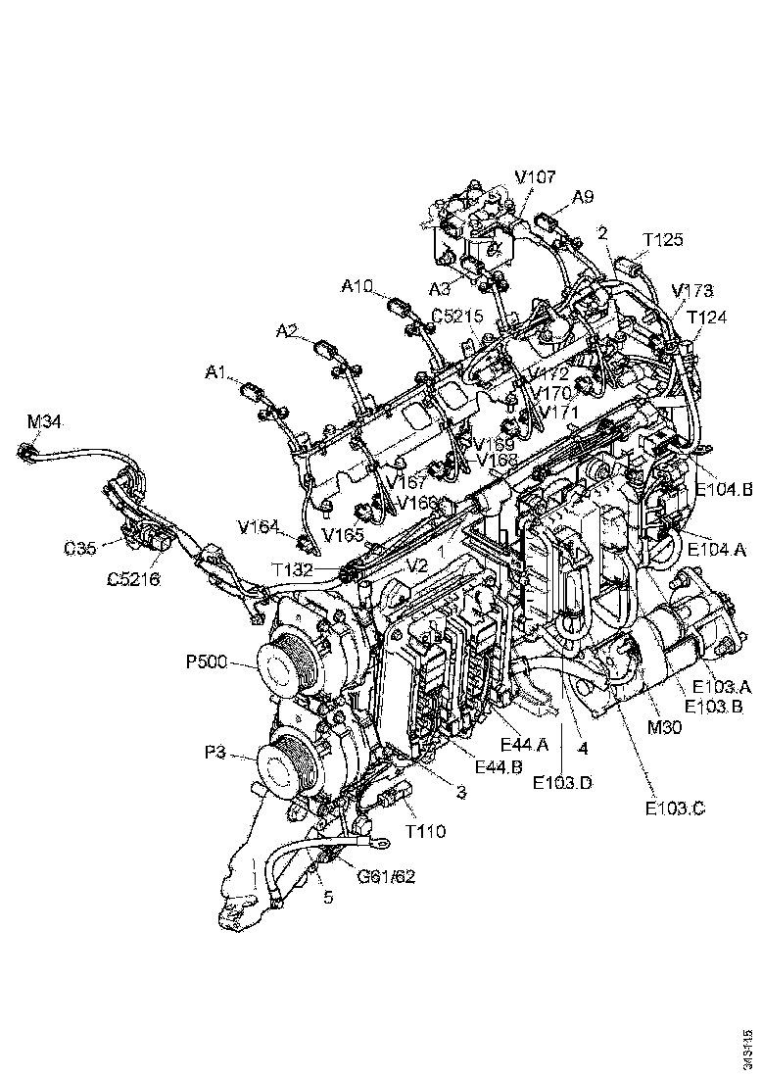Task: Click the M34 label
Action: click(43, 422)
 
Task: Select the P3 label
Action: click(216, 753)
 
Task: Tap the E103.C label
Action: click(674, 808)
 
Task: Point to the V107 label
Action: click(536, 177)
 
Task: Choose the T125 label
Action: click(663, 240)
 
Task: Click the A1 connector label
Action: click(216, 373)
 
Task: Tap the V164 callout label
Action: click(259, 526)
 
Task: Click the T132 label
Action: click(294, 569)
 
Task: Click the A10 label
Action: click(357, 286)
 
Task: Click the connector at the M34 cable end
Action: click(27, 452)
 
